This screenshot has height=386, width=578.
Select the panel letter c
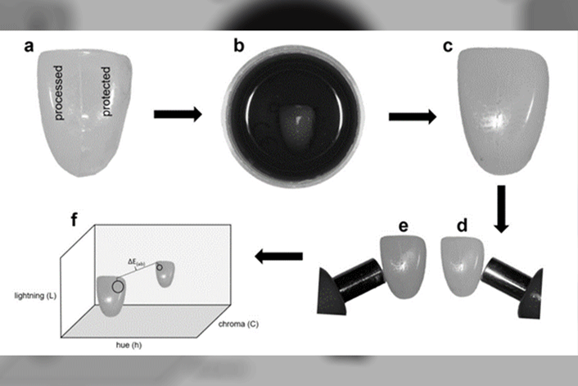pos(447,46)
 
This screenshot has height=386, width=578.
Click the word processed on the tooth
pos(60,93)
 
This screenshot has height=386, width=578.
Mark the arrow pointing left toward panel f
pos(279,257)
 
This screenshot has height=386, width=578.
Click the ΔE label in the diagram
pos(136,261)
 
